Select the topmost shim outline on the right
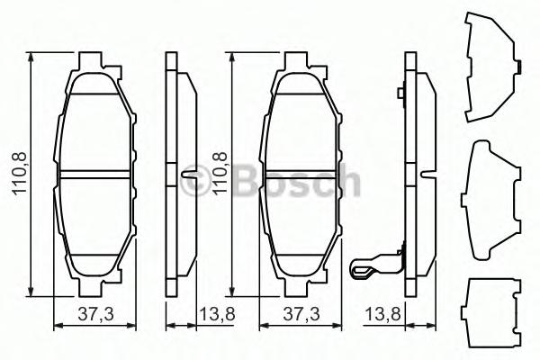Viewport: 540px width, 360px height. pos(490,67)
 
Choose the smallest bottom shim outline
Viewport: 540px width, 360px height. pos(490,310)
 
